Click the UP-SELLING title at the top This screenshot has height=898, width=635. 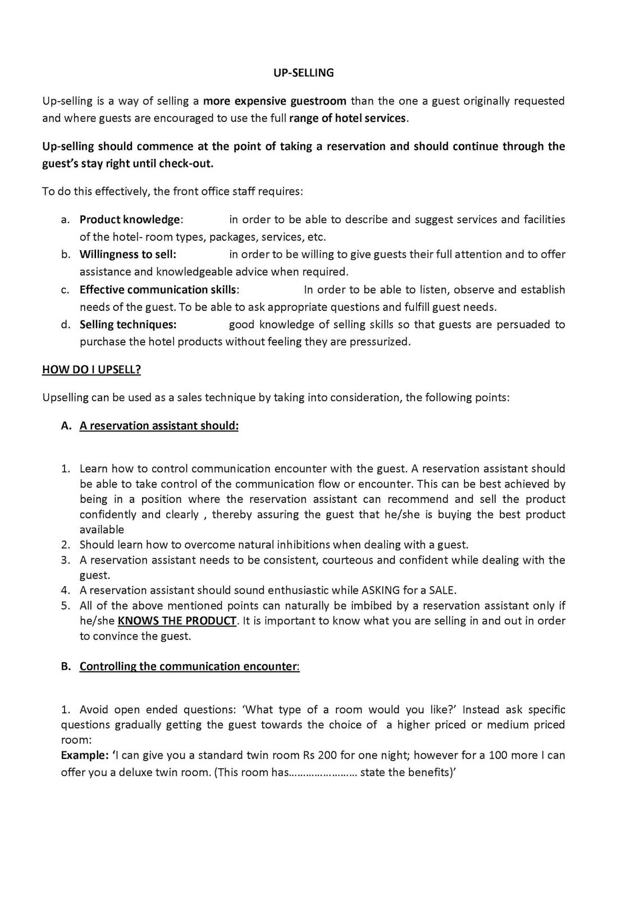click(x=303, y=72)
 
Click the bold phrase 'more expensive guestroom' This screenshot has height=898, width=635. click(x=275, y=101)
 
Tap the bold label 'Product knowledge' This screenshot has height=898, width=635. click(x=130, y=219)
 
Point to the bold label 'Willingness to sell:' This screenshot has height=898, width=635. click(x=128, y=254)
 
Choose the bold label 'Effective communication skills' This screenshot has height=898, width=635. click(x=158, y=290)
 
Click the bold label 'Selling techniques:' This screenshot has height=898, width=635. click(x=128, y=324)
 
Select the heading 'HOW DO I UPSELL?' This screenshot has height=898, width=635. click(x=92, y=369)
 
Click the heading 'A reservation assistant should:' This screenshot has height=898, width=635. click(x=159, y=425)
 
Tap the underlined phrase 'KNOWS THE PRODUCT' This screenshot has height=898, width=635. click(x=177, y=621)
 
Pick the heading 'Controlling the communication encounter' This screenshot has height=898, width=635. click(x=188, y=666)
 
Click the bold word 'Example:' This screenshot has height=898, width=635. click(x=85, y=755)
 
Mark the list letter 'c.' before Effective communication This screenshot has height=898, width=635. click(x=66, y=290)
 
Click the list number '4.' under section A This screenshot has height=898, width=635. click(x=66, y=590)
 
